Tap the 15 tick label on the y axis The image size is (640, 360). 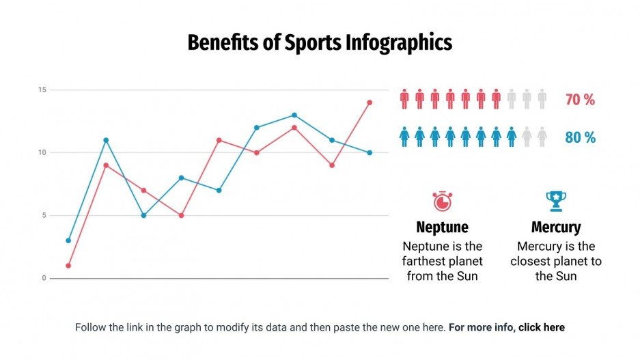coord(42,89)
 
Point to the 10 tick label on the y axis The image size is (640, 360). coord(42,152)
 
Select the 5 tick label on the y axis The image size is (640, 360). coord(43,215)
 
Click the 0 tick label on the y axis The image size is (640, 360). coord(43,278)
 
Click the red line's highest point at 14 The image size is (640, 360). coord(370,102)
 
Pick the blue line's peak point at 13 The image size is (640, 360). coord(294,115)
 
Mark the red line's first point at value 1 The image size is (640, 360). coord(68,266)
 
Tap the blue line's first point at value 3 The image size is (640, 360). coord(68,240)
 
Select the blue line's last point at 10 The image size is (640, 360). coord(370,152)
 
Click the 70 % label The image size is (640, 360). coord(580,100)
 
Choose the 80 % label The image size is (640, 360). coord(580,137)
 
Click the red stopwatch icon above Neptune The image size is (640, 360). coord(442,202)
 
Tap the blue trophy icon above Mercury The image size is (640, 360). coord(556,201)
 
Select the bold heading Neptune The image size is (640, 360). coord(442,227)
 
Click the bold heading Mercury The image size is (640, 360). coord(556,227)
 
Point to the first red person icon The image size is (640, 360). coord(404,99)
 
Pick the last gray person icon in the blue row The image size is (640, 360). coord(542,137)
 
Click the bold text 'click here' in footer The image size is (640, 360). coord(541,327)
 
